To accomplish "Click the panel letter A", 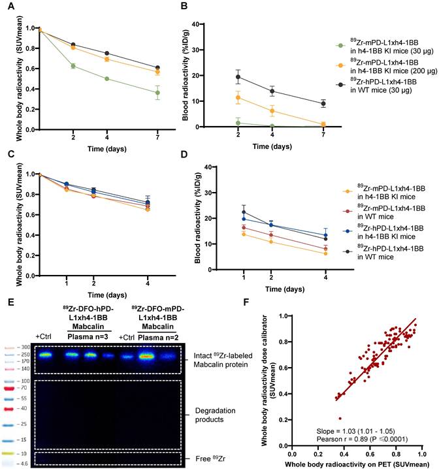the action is click(x=10, y=5).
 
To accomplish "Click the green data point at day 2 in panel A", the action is click(x=73, y=66).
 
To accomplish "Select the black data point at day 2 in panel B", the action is click(x=238, y=77).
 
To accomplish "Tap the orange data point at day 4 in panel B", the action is click(x=272, y=111).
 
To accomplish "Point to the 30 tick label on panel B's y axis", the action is click(x=195, y=50).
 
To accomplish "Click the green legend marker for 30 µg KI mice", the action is click(x=340, y=46).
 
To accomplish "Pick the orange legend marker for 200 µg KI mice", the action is click(x=340, y=65).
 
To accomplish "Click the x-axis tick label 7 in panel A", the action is click(x=157, y=137).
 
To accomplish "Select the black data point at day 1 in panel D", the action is click(x=244, y=212).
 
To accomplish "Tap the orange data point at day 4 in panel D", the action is click(x=326, y=253).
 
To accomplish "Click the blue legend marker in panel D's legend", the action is click(x=348, y=231).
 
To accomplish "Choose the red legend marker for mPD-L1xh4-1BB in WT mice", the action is click(x=348, y=211).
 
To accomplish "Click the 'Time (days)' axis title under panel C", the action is click(x=107, y=295).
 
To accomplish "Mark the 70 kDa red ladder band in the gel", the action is click(x=10, y=389).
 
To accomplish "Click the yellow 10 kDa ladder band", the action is click(x=8, y=453).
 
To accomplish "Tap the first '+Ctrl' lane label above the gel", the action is click(x=43, y=336).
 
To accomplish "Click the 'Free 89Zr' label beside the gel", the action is click(x=210, y=459).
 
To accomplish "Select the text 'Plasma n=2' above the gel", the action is click(x=158, y=338).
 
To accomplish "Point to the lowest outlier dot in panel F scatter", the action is click(x=340, y=419).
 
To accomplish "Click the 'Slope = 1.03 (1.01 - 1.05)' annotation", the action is click(x=355, y=431).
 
